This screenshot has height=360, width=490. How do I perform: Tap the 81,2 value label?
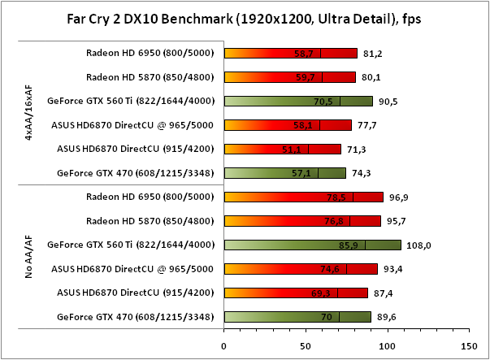(x=374, y=54)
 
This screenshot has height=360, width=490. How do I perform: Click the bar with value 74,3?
(x=284, y=172)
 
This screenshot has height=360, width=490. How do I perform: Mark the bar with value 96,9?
(x=303, y=197)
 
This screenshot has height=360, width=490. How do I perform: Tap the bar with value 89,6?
(x=297, y=315)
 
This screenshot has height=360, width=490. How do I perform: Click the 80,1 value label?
(x=372, y=78)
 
